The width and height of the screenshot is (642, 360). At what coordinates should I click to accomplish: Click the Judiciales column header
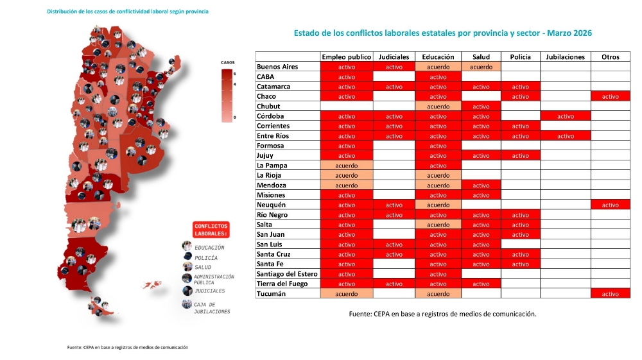click(x=394, y=56)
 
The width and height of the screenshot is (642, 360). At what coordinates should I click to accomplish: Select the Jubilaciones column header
click(x=565, y=56)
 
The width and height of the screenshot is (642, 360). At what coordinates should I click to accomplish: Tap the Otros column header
click(x=610, y=56)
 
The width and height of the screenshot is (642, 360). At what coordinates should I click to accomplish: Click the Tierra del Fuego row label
click(x=282, y=284)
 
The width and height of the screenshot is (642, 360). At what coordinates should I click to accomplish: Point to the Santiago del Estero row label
click(x=287, y=274)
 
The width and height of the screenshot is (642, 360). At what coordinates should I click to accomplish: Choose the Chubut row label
click(x=268, y=106)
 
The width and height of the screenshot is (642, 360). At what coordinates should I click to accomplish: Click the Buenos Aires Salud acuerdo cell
click(x=481, y=67)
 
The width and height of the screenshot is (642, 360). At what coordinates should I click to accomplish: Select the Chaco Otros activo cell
click(x=610, y=96)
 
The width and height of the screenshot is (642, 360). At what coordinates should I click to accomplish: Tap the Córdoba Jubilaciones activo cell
click(x=565, y=116)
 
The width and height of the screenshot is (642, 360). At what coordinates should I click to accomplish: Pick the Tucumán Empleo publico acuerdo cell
click(x=346, y=294)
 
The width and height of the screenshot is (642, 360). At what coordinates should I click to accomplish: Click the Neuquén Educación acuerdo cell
click(x=438, y=205)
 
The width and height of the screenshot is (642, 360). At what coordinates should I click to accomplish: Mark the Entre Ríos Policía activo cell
click(x=520, y=136)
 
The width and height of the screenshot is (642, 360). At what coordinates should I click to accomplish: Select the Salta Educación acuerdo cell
click(x=438, y=225)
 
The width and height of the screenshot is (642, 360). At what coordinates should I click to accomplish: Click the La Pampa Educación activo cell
click(x=438, y=166)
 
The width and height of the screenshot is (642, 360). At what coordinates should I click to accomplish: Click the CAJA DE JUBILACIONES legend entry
click(x=212, y=308)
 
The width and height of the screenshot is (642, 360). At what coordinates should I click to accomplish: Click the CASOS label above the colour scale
click(x=228, y=62)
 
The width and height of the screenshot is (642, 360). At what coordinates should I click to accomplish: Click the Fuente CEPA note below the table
click(x=442, y=314)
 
